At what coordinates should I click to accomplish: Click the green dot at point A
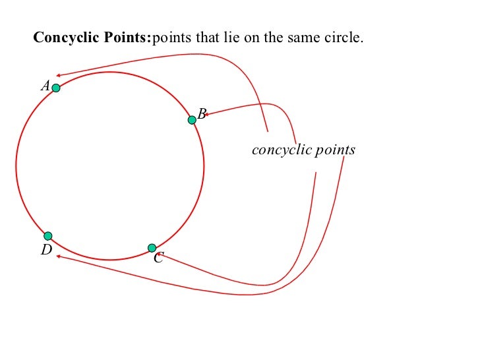[x=56, y=88]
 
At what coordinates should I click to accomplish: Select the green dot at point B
[x=192, y=119]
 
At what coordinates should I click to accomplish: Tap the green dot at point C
[x=152, y=248]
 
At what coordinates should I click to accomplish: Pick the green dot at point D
[x=48, y=236]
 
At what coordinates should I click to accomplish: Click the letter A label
[x=45, y=86]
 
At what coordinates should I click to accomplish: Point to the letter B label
[x=202, y=114]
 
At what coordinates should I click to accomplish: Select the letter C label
[x=158, y=259]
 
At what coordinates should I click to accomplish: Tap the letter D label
[x=45, y=250]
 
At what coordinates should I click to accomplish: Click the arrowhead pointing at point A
[x=59, y=76]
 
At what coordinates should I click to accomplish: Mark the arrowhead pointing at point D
[x=58, y=256]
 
